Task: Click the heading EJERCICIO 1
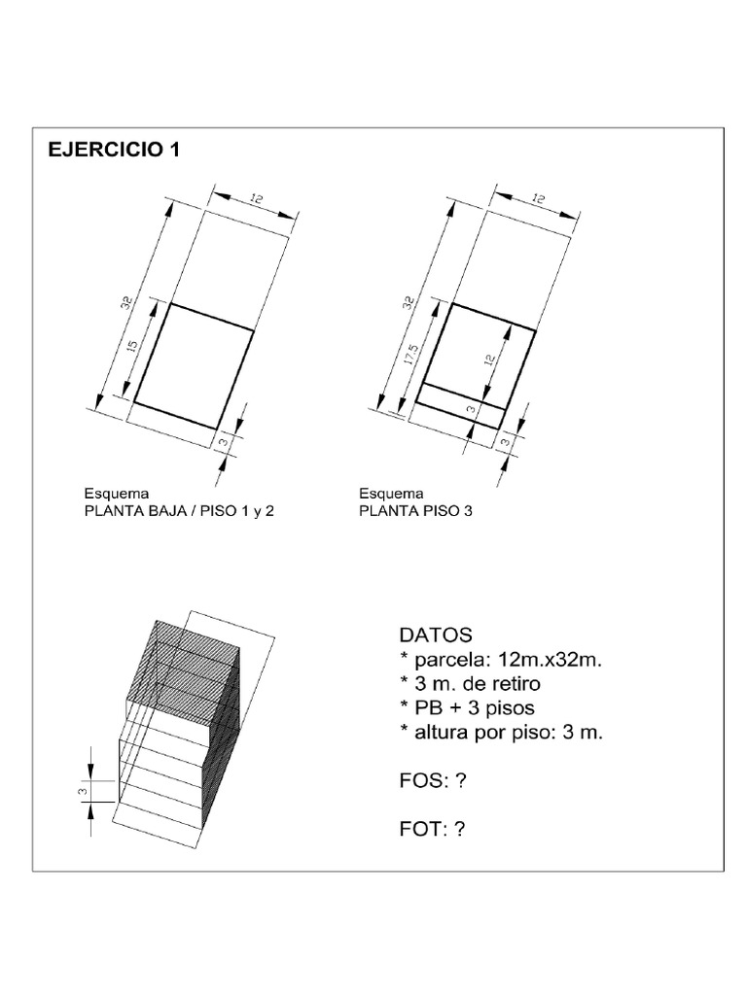point(113,152)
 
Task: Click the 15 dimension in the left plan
point(133,344)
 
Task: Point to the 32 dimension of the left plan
point(124,302)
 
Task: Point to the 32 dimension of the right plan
point(406,302)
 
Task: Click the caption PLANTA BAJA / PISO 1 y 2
point(181,509)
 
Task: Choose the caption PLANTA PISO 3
point(415,509)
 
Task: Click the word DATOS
point(435,635)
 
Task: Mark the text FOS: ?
point(433,780)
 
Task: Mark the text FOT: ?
point(433,829)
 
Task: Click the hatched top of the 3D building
point(185,670)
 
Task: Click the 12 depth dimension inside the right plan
point(489,362)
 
